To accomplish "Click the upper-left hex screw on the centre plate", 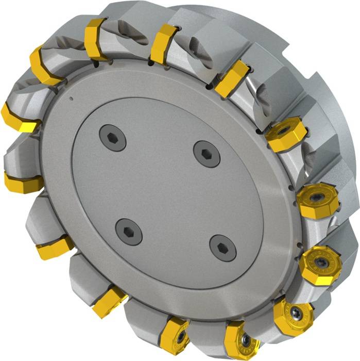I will coord(112,138).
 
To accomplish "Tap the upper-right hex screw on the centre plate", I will coord(207,153).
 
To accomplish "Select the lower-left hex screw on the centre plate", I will coord(128,231).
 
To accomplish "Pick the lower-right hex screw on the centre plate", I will coord(223,248).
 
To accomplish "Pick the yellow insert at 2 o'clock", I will coord(285,136).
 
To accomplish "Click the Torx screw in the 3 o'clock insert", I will coord(315,198).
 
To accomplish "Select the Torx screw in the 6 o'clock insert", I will coord(181,335).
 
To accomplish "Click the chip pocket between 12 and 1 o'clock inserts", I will coord(198,57).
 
